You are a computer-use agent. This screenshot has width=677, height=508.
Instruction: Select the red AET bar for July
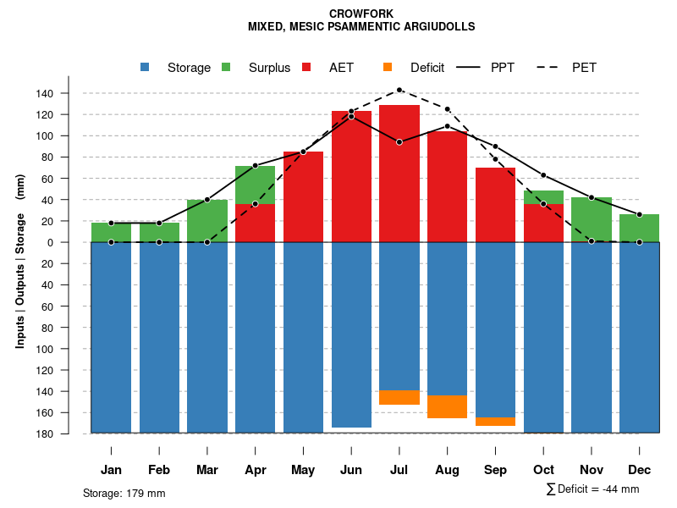click(x=399, y=174)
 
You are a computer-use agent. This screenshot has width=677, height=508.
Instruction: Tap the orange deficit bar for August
click(x=448, y=406)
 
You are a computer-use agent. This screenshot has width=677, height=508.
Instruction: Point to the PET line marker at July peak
click(x=399, y=90)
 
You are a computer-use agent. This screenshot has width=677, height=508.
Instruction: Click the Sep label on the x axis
click(x=496, y=470)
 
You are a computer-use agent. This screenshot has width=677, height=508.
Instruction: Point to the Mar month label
click(x=207, y=470)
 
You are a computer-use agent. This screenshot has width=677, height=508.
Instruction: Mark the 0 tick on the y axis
click(x=74, y=242)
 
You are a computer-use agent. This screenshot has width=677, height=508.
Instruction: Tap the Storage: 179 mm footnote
click(x=124, y=493)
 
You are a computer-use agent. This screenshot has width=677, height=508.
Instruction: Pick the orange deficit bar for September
click(x=496, y=422)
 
